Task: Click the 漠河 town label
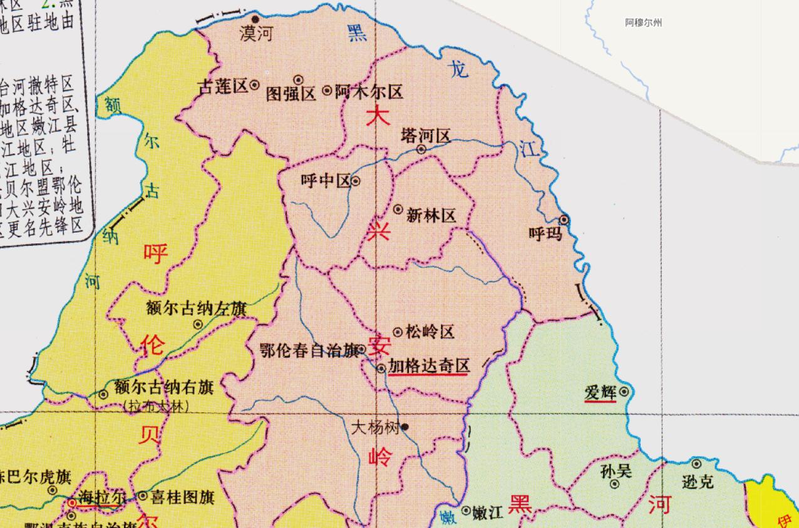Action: pyautogui.click(x=256, y=34)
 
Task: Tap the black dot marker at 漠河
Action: pyautogui.click(x=255, y=19)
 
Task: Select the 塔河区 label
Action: pyautogui.click(x=426, y=136)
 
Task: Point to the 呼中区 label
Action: pyautogui.click(x=325, y=181)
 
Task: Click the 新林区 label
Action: pyautogui.click(x=431, y=216)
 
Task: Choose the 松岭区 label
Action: pyautogui.click(x=430, y=332)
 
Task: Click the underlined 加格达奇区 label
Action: pyautogui.click(x=428, y=366)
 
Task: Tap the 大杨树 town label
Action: pyautogui.click(x=375, y=428)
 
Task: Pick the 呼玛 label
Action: pyautogui.click(x=545, y=234)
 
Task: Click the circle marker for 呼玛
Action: pyautogui.click(x=564, y=220)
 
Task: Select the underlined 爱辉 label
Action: pyautogui.click(x=601, y=393)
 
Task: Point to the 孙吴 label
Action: pyautogui.click(x=616, y=471)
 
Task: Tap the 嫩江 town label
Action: pyautogui.click(x=488, y=512)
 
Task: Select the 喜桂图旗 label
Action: pyautogui.click(x=183, y=497)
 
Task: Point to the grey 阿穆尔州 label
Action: pyautogui.click(x=643, y=23)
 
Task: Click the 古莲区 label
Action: pyautogui.click(x=223, y=87)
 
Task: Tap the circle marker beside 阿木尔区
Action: pyautogui.click(x=327, y=91)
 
